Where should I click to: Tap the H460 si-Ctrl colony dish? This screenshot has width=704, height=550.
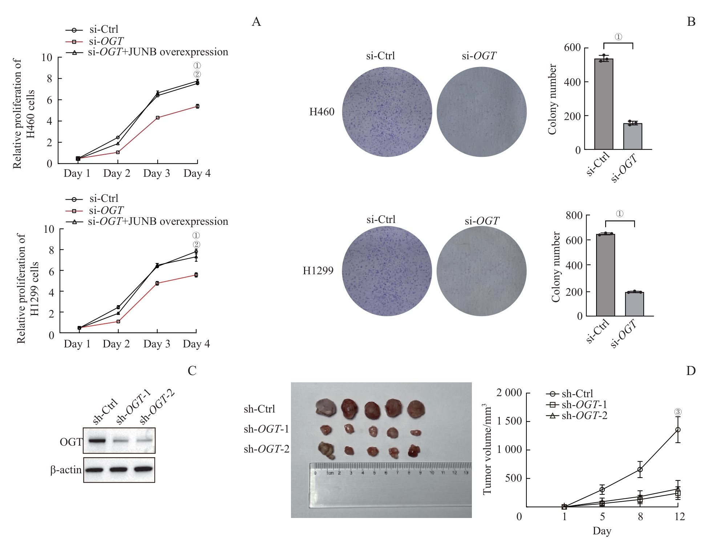[x=387, y=112]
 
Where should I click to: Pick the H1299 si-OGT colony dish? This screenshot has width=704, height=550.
[x=481, y=271]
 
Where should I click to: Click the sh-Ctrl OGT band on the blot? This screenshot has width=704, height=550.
[x=97, y=441]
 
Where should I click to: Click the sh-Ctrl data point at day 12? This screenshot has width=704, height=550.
[x=677, y=430]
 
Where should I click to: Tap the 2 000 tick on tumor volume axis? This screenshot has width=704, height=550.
[x=509, y=393]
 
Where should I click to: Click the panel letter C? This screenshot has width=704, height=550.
[x=192, y=371]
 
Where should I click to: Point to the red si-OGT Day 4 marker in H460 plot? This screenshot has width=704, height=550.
[x=197, y=106]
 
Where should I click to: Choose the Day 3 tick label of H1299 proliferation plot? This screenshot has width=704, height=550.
[x=157, y=344]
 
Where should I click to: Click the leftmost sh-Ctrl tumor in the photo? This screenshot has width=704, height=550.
[x=326, y=407]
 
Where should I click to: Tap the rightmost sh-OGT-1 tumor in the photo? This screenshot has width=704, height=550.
[x=416, y=433]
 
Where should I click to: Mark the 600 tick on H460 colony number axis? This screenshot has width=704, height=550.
[x=572, y=48]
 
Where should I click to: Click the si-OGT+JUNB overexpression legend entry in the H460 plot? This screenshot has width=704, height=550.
[x=147, y=52]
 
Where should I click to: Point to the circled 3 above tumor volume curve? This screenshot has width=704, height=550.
[x=678, y=412]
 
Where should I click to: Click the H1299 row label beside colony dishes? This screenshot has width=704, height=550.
[x=318, y=271]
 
